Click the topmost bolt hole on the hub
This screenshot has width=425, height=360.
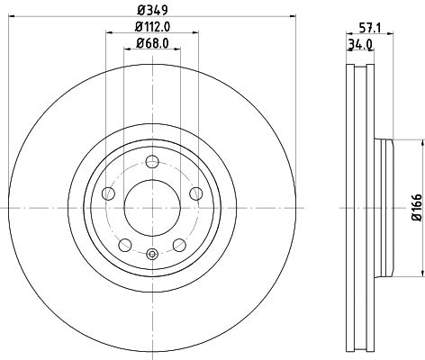tap(152, 162)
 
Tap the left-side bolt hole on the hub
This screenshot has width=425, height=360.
tap(109, 193)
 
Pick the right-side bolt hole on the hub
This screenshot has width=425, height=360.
tap(195, 193)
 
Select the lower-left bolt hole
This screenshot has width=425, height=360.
tap(125, 244)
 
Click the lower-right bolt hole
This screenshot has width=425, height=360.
tap(179, 244)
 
